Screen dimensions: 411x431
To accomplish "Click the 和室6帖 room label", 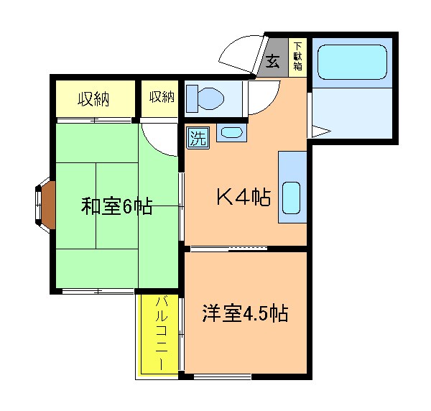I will [116, 207].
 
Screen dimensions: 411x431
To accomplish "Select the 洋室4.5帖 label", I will [245, 314].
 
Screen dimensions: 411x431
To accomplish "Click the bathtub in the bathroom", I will [351, 62].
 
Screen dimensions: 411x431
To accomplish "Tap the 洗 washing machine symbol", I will [198, 137].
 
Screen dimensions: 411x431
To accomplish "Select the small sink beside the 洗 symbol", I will [231, 133].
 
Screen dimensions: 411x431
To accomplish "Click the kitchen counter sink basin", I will [291, 198].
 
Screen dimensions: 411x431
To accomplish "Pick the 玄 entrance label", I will [274, 60].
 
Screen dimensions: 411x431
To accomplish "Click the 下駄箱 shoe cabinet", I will [297, 56].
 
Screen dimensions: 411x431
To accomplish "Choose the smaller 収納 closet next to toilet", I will [162, 97].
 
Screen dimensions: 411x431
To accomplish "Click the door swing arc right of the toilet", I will [264, 97].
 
